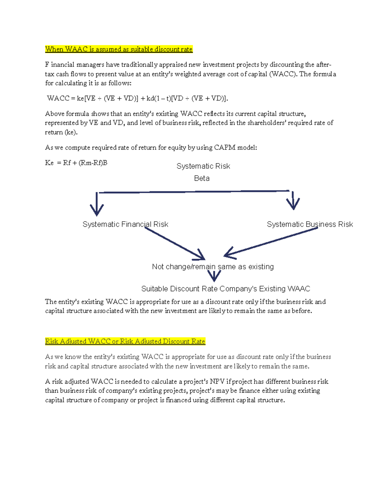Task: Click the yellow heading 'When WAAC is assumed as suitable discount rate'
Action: click(x=119, y=49)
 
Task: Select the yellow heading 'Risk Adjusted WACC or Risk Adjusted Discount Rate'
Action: click(x=125, y=341)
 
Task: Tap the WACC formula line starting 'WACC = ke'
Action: click(x=138, y=98)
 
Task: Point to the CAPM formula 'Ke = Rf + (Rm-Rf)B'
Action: click(x=76, y=163)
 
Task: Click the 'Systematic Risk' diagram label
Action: click(x=203, y=166)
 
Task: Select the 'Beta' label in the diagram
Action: click(x=202, y=178)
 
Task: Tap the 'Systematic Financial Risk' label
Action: click(x=125, y=224)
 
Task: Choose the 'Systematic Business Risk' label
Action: click(x=310, y=224)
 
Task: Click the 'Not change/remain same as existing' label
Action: click(x=213, y=267)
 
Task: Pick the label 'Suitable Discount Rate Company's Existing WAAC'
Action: click(x=226, y=289)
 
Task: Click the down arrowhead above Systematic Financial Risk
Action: click(x=97, y=209)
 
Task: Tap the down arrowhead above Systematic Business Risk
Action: click(x=293, y=203)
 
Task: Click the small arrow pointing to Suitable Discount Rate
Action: click(x=214, y=276)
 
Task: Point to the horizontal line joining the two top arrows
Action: click(x=194, y=192)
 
